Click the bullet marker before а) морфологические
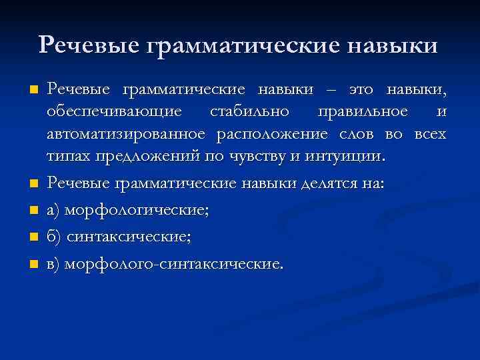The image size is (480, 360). (33, 211)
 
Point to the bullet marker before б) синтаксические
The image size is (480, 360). (33, 237)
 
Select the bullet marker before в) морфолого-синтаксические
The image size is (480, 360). (33, 264)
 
